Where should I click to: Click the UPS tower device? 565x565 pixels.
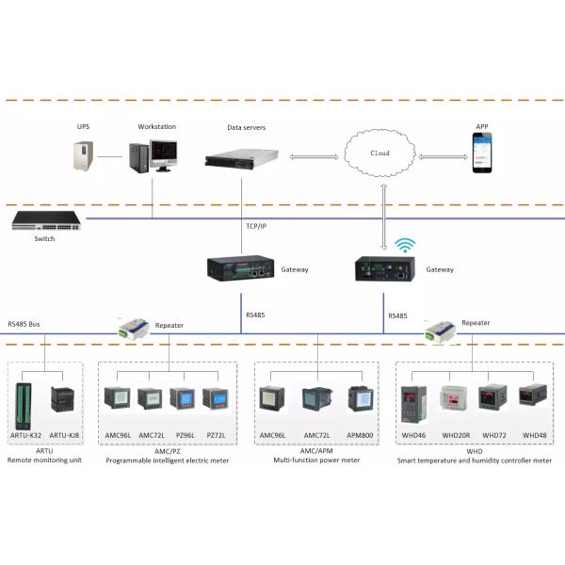[x=84, y=157]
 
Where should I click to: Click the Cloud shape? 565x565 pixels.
[x=381, y=152]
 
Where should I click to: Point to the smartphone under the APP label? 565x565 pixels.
[x=482, y=153]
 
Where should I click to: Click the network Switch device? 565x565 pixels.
[x=44, y=222]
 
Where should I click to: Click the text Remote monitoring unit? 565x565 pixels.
[x=45, y=461]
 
